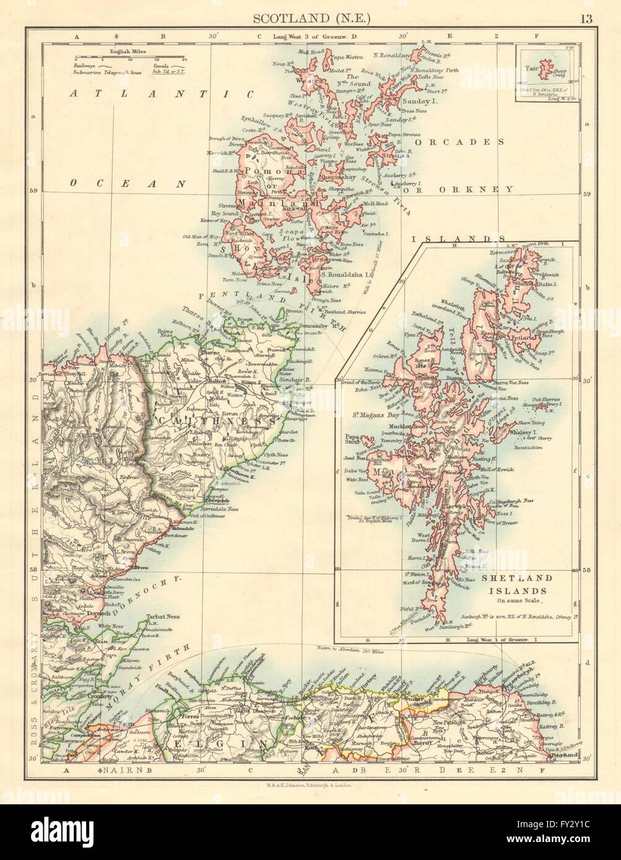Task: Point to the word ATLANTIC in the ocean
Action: [x=162, y=95]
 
